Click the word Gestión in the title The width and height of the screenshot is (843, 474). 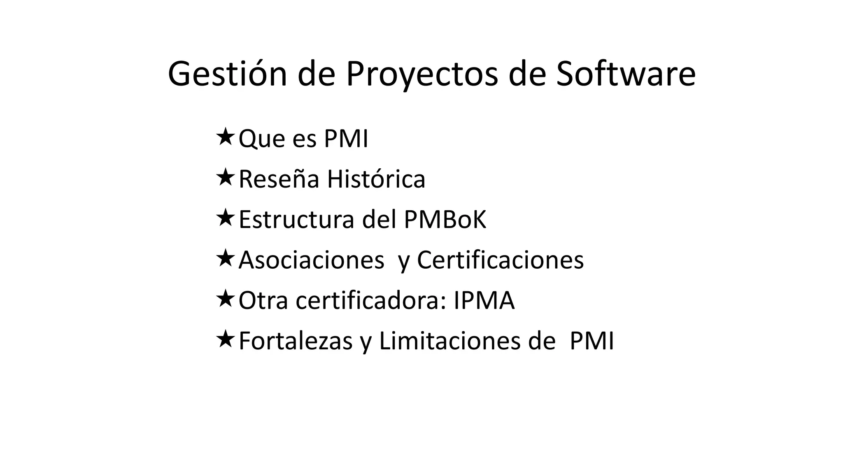[x=227, y=74]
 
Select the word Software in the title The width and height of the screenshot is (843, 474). [x=626, y=74]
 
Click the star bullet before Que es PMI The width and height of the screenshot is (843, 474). [x=225, y=137]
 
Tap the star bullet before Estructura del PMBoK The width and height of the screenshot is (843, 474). [x=225, y=218]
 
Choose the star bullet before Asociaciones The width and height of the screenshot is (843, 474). [x=225, y=258]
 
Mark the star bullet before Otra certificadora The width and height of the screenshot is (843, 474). [x=225, y=299]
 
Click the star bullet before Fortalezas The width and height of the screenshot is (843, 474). [x=225, y=339]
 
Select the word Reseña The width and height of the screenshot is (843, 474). [x=279, y=179]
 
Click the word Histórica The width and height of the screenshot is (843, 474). [x=376, y=179]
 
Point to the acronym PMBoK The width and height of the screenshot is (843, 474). [x=445, y=219]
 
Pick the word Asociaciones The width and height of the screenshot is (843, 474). [x=311, y=260]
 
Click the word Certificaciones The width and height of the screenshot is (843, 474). [x=500, y=260]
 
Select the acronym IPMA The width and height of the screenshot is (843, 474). [x=484, y=300]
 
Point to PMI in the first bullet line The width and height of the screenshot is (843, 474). [x=346, y=139]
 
